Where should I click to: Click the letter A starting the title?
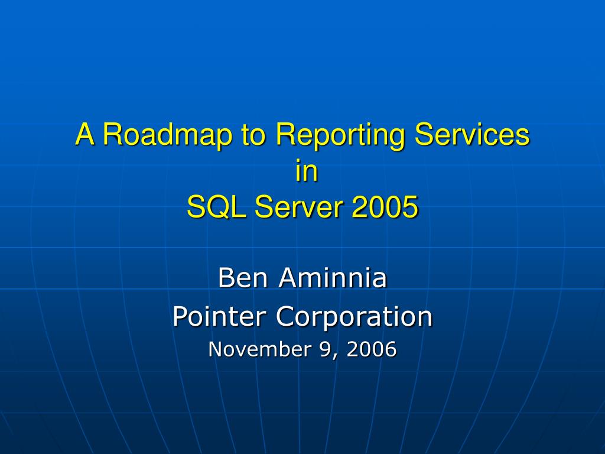tap(85, 135)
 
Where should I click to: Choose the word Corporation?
tap(354, 317)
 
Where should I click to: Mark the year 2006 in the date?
tap(371, 349)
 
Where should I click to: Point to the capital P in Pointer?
tap(178, 317)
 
